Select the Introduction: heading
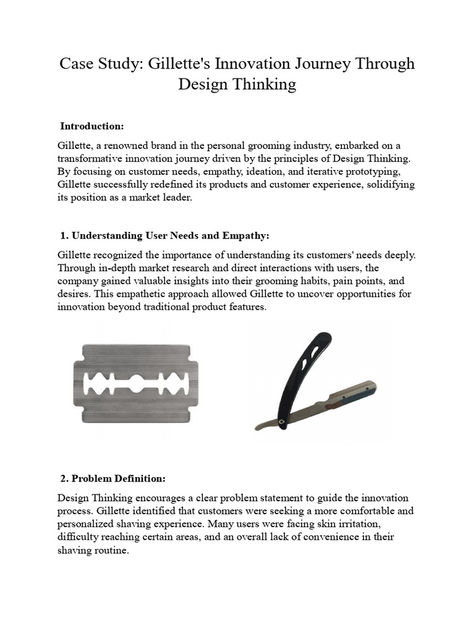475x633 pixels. [92, 126]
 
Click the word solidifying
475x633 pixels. [387, 184]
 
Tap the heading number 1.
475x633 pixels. [64, 236]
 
